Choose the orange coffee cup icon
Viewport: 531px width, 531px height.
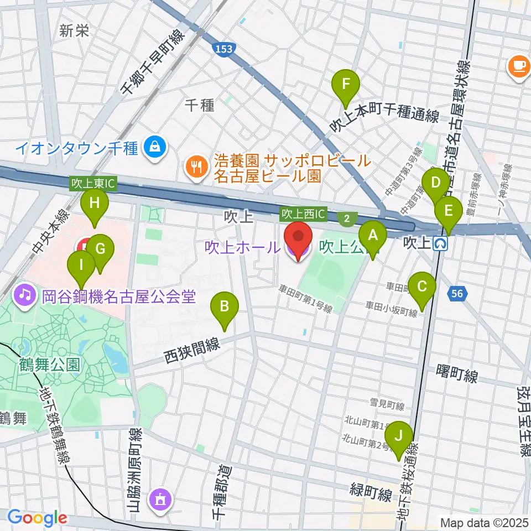[519, 65]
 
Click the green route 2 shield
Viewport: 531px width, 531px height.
[347, 218]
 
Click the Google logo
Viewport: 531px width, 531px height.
[37, 518]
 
